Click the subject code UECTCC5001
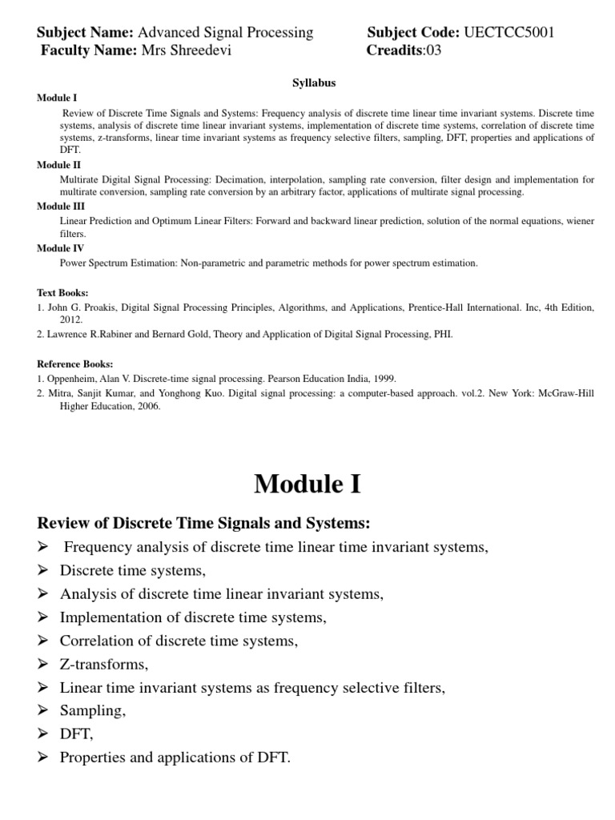(x=508, y=32)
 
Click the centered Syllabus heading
(x=312, y=83)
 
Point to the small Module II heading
(x=54, y=164)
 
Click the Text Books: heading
(x=62, y=292)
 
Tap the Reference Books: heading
(x=75, y=364)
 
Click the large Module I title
(x=307, y=484)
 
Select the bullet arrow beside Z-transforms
(x=43, y=665)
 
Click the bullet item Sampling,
(x=93, y=710)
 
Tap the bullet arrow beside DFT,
(x=43, y=734)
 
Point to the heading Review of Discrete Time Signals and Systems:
(x=204, y=523)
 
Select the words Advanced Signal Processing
(x=226, y=32)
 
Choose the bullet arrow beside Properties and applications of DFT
(x=43, y=757)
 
